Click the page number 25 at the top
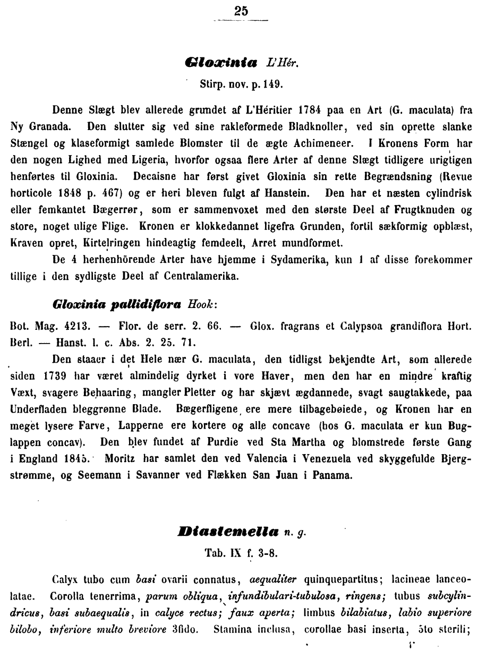[240, 11]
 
